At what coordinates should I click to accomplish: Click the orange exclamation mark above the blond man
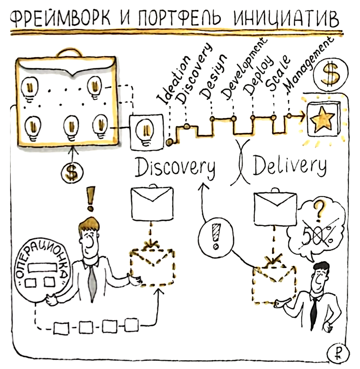[x=89, y=198]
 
